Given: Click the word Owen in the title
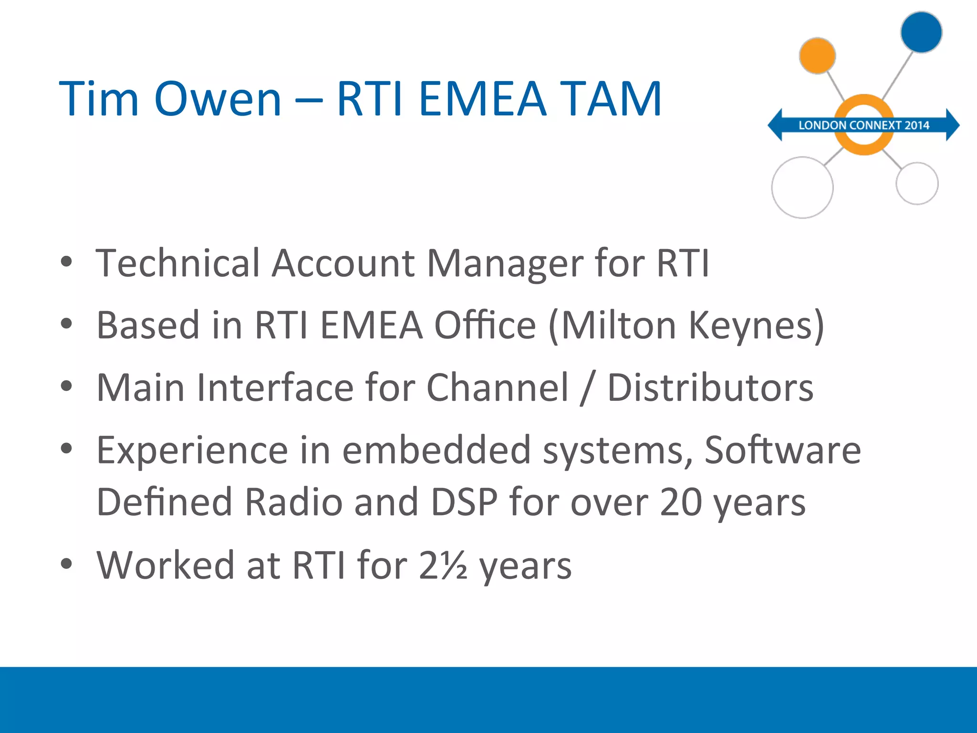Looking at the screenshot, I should click(218, 99).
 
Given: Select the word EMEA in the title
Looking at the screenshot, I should click(482, 99).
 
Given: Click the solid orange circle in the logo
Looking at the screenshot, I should click(817, 56).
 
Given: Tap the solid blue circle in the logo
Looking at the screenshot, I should click(921, 32).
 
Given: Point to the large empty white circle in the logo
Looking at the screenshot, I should click(802, 188).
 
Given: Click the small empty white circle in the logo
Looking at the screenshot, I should click(917, 183).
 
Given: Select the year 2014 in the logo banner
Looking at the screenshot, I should click(917, 126).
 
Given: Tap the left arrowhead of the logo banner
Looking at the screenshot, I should click(776, 125).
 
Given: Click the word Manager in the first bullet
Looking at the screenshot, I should click(505, 263).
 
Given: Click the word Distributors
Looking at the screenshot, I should click(710, 387).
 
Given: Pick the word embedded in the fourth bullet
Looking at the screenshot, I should click(437, 450).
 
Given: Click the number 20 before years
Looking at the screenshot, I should click(681, 503).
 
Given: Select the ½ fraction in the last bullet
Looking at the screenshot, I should click(454, 565).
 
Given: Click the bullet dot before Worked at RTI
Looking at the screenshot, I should click(66, 564).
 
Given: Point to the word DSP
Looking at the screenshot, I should click(464, 503).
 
